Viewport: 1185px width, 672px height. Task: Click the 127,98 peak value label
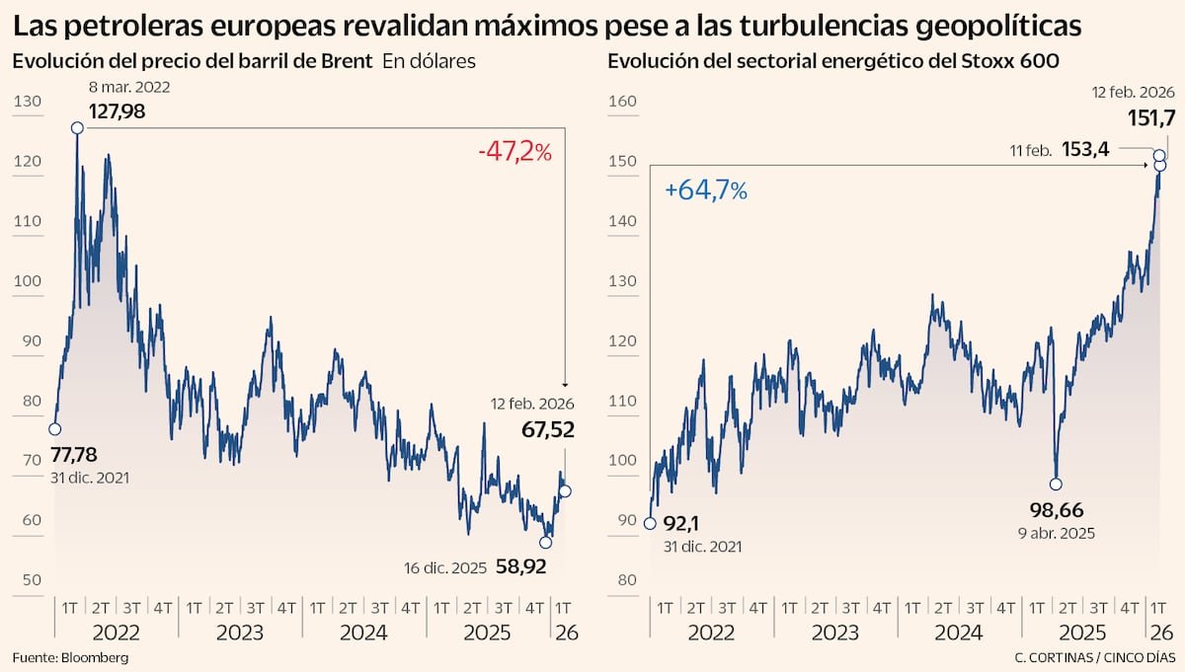[x=118, y=112]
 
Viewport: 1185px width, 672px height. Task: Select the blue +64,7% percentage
[x=706, y=190]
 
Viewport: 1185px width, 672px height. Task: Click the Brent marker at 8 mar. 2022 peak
[x=77, y=127]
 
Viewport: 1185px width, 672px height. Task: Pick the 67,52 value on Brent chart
[x=542, y=429]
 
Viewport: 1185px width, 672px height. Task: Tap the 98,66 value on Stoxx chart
[x=1055, y=511]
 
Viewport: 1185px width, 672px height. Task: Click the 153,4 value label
[x=1086, y=150]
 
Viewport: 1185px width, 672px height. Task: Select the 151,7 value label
[x=1151, y=117]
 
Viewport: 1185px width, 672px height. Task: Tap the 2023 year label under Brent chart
[x=240, y=632]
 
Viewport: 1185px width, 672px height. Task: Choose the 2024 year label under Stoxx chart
[x=959, y=632]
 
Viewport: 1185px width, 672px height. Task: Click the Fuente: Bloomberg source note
[x=70, y=656]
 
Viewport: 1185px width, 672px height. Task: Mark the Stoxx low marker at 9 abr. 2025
[x=1056, y=484]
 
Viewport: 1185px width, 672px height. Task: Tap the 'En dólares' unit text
[x=429, y=61]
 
